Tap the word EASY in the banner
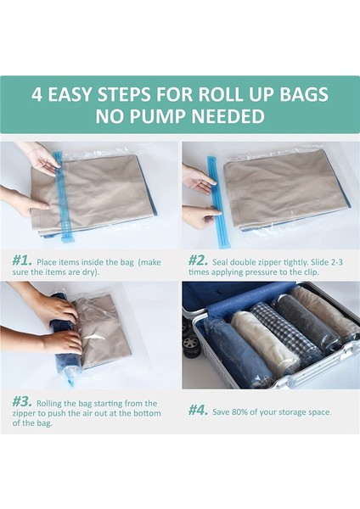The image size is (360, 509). (96, 93)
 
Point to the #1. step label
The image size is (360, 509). (22, 260)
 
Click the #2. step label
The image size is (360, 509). (199, 260)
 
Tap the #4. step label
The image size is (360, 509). (199, 410)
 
